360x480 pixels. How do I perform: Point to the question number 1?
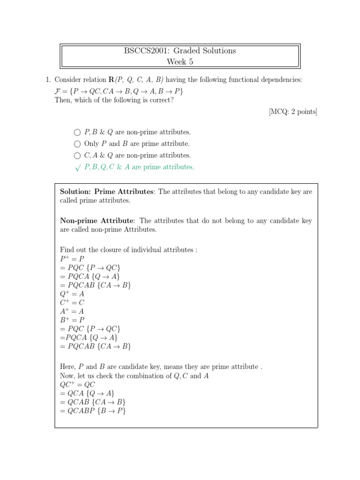(49, 80)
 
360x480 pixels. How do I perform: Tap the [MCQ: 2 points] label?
(293, 112)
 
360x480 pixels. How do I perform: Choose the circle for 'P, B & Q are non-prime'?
(77, 133)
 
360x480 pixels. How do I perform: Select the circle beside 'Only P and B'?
(77, 144)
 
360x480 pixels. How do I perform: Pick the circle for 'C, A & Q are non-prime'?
(77, 155)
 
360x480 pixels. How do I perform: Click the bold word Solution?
(76, 192)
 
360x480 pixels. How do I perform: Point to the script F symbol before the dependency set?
(58, 91)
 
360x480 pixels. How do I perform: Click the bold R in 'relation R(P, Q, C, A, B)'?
(111, 80)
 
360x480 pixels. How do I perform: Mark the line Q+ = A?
(72, 294)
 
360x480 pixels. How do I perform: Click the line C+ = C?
(72, 302)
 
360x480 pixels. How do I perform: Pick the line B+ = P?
(72, 320)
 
